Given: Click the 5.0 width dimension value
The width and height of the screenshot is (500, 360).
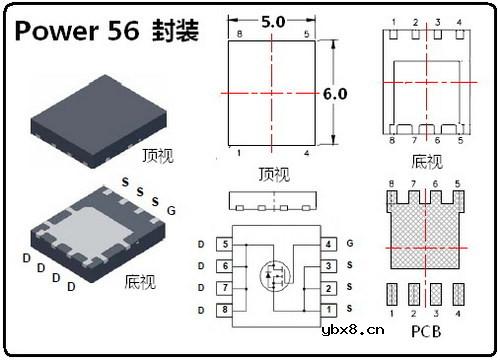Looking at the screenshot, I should (x=272, y=20).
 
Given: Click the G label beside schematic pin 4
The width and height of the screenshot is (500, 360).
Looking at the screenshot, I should (x=350, y=244).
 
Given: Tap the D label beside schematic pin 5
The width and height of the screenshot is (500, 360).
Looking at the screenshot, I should (x=201, y=244).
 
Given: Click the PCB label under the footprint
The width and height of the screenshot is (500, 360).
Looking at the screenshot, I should (x=427, y=328).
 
